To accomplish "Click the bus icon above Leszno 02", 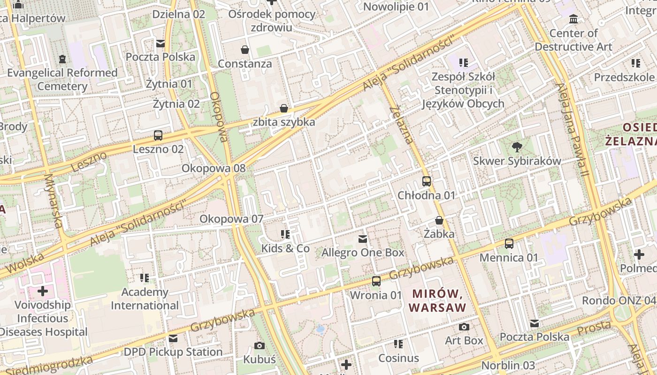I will (x=158, y=135).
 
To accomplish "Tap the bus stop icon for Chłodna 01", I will (x=427, y=181).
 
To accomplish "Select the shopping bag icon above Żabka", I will (x=439, y=220).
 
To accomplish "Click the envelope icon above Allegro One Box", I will (x=363, y=239).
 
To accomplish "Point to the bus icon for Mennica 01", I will (x=509, y=244).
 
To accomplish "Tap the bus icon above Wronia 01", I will (x=376, y=281).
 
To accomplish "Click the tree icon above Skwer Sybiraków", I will (x=517, y=147).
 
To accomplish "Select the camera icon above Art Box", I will (x=464, y=327).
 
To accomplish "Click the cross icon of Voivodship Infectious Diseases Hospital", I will (x=43, y=291).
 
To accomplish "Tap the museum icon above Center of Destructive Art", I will (x=573, y=20).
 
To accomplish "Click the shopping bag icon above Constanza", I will (x=245, y=50).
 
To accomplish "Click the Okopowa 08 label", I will (x=214, y=168).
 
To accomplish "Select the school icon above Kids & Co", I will (x=285, y=234).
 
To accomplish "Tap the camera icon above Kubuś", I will (x=260, y=346).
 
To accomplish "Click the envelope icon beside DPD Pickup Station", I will (x=173, y=338).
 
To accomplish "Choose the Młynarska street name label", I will (x=53, y=201).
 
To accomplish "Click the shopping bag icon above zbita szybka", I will (x=284, y=108).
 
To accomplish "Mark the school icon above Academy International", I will (x=145, y=278).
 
